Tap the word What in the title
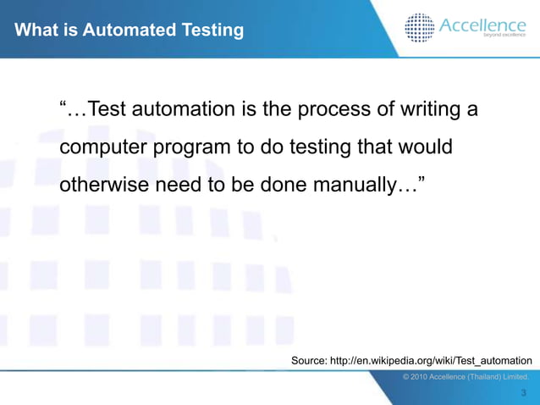coord(36,31)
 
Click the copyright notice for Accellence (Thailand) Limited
coord(466,376)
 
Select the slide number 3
coord(524,393)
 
